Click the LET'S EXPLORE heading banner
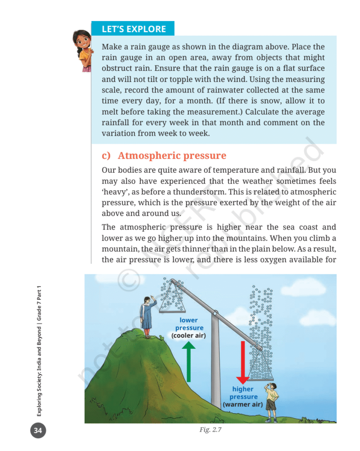133,29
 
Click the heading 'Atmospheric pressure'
172,155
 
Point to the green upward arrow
189,362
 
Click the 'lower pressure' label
189,324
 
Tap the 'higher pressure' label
243,393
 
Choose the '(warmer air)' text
243,404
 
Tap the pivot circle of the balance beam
215,313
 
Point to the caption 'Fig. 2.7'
210,429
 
